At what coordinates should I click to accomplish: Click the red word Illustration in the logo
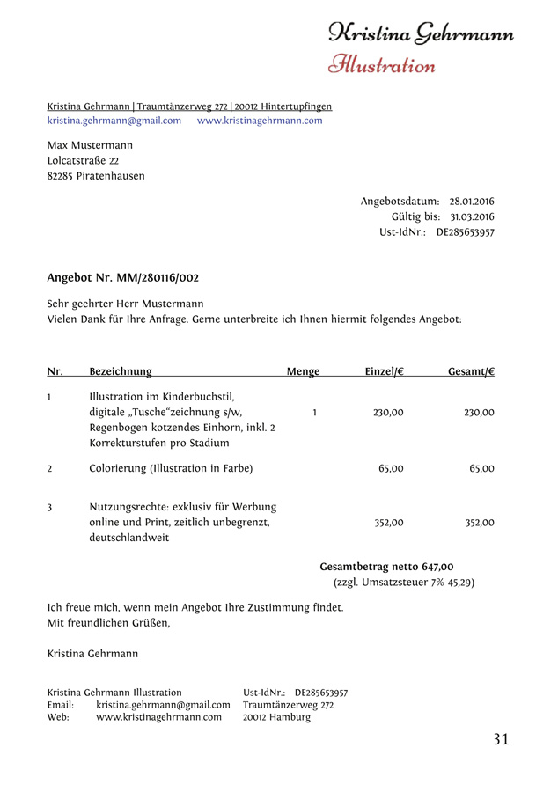(382, 64)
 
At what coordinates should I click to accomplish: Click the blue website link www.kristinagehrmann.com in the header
(260, 121)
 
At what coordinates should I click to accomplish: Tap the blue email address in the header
(114, 121)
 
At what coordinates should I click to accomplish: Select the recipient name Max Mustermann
(91, 144)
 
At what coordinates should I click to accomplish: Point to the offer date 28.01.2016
(472, 202)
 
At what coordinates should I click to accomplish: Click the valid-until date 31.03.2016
(472, 216)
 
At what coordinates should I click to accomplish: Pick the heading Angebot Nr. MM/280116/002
(123, 278)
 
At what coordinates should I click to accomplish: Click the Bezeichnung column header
(121, 372)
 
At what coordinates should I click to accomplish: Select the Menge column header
(303, 372)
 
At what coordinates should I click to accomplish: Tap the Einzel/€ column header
(385, 372)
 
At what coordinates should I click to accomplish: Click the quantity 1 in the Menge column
(314, 412)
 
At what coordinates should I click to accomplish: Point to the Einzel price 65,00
(391, 469)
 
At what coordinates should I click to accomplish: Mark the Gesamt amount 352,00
(480, 523)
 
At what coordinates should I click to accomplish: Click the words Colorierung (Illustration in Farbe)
(171, 469)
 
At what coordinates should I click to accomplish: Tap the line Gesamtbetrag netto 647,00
(386, 567)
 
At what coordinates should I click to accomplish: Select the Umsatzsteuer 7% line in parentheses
(404, 583)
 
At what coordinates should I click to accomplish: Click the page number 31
(501, 740)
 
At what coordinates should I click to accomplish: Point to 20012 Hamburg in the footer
(276, 717)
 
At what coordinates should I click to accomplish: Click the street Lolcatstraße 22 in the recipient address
(84, 160)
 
